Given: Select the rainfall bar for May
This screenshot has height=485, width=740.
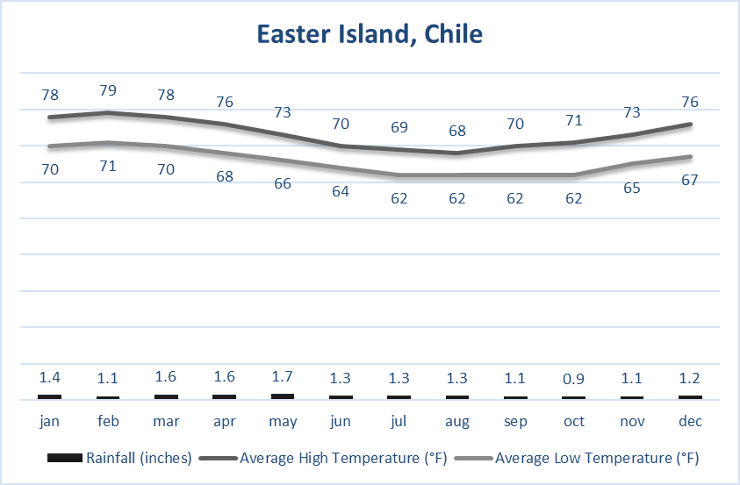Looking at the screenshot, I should click(x=283, y=396).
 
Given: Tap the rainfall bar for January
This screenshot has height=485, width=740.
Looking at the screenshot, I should click(x=50, y=397).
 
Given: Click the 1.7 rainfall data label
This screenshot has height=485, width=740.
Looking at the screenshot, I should click(x=283, y=377).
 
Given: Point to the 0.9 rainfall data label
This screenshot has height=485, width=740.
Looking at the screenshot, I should click(x=573, y=378).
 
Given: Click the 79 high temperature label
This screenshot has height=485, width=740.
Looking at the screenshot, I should click(x=108, y=90).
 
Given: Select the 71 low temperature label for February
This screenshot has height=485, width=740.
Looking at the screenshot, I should click(x=108, y=165).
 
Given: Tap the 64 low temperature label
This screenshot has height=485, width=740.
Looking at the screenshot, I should click(x=341, y=191).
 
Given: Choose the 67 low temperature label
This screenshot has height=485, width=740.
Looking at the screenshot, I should click(x=689, y=180).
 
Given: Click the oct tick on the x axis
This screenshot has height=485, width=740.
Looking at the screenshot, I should click(x=573, y=421).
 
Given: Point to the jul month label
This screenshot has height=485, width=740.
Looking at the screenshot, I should click(x=399, y=421).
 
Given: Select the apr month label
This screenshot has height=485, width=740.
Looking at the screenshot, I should click(x=225, y=421).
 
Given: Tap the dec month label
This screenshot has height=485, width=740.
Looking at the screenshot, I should click(x=689, y=421).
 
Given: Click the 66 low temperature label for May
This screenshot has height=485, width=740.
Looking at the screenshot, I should click(x=283, y=183).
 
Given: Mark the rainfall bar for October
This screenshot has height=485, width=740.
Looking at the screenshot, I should click(x=573, y=398).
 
